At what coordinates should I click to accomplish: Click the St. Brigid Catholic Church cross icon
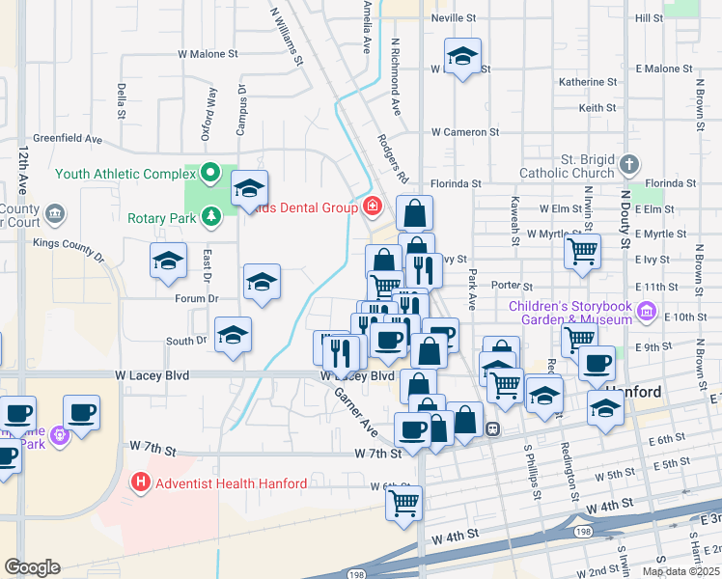(628, 164)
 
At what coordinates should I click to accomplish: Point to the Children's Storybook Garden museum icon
(646, 313)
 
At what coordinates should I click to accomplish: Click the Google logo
(32, 567)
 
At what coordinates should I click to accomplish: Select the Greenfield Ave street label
(68, 139)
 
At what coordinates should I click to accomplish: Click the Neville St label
(454, 18)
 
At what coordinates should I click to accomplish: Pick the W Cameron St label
(464, 131)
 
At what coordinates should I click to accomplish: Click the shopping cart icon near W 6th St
(403, 501)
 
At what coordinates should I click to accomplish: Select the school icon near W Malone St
(462, 54)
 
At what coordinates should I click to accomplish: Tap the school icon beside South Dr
(233, 334)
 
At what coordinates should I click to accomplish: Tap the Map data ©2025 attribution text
(680, 571)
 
